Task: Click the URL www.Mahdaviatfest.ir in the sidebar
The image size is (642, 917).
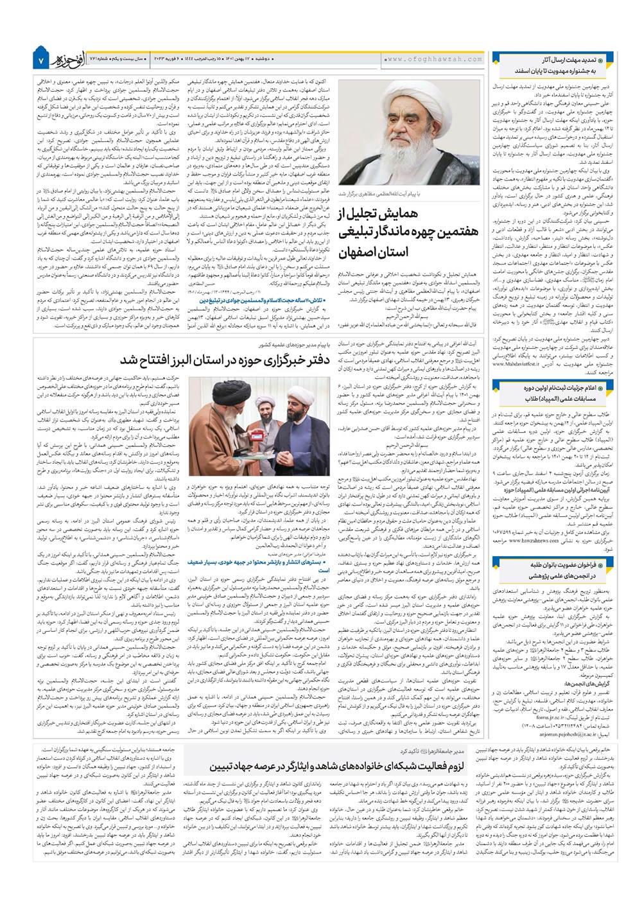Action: click(x=526, y=363)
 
